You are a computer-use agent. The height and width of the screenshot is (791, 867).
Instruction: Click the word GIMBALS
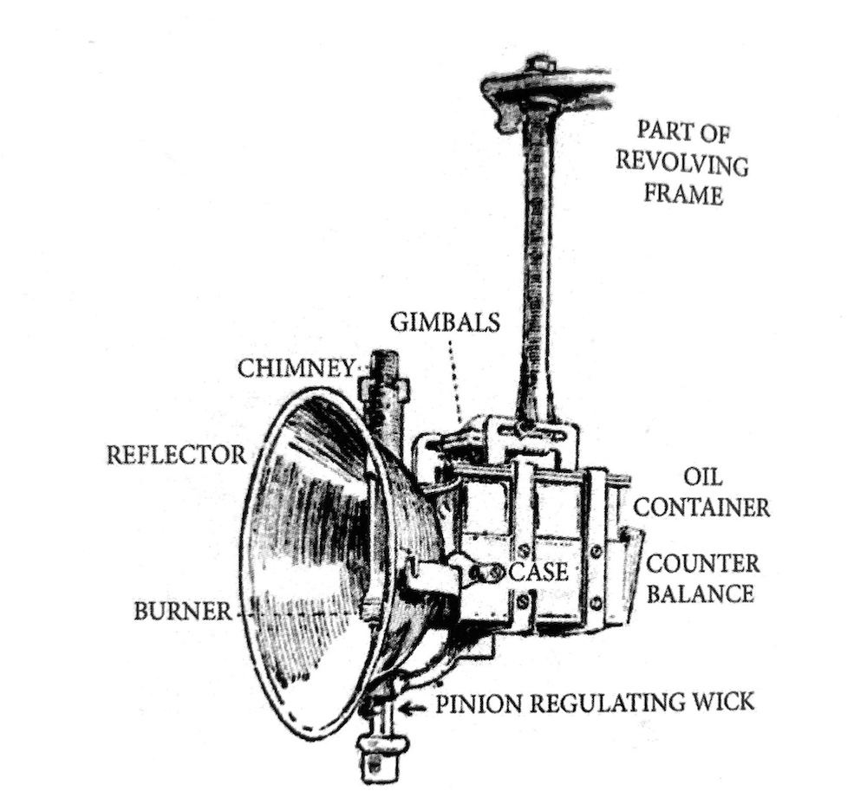(445, 322)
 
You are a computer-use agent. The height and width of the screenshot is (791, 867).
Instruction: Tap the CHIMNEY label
(296, 368)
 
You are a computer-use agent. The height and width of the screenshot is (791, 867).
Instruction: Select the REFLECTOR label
(176, 455)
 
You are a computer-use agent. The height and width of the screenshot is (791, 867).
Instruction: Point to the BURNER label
(183, 612)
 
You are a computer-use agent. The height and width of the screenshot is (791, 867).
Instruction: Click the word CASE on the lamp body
(538, 573)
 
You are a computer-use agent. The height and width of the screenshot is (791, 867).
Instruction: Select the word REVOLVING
(682, 163)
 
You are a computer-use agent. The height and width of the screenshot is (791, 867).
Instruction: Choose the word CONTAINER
(701, 507)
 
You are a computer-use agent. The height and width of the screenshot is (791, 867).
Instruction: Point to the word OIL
(702, 477)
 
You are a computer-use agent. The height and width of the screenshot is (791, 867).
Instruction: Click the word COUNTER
(703, 564)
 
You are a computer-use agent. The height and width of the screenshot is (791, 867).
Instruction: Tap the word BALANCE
(700, 593)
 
